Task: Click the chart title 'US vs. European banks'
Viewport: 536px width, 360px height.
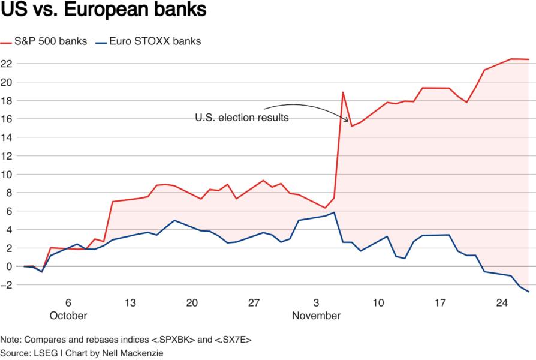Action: [x=104, y=10]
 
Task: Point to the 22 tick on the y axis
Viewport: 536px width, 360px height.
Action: [x=7, y=64]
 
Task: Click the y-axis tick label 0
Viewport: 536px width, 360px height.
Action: [x=9, y=266]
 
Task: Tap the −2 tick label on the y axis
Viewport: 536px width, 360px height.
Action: [x=7, y=285]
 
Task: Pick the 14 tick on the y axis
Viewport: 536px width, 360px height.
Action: [x=7, y=137]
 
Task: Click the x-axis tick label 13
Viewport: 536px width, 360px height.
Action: [x=130, y=303]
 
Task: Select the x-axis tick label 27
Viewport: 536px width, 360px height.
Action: [x=254, y=303]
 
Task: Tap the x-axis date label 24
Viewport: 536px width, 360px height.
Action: [x=502, y=303]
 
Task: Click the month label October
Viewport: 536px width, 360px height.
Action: [x=68, y=316]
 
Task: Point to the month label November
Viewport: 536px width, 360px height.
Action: [x=316, y=316]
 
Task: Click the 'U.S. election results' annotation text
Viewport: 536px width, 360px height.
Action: [x=242, y=118]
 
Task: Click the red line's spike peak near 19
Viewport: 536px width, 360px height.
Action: [x=342, y=92]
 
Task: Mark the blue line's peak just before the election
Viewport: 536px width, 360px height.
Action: [x=333, y=212]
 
